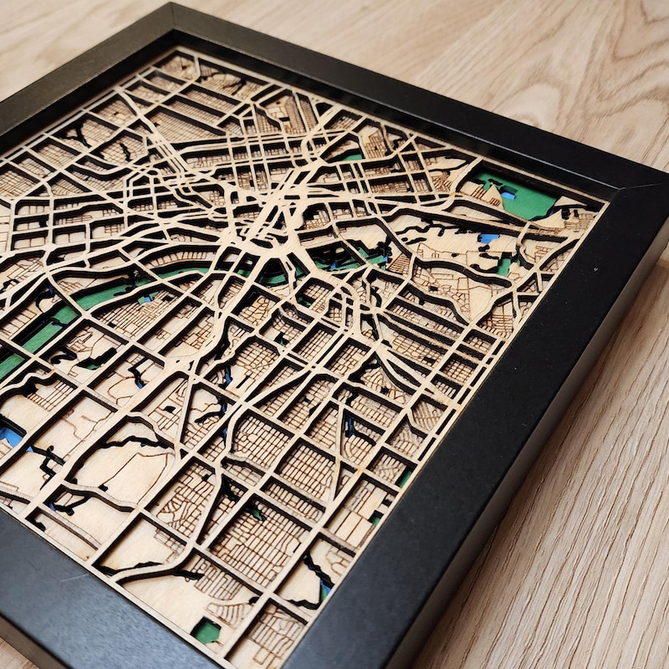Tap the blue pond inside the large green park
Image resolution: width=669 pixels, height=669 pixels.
(507, 195)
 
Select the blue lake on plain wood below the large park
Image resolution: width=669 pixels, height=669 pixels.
(488, 238)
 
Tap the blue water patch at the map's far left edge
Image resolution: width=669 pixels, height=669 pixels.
(10, 435)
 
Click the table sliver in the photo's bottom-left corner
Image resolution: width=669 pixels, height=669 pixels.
(10, 656)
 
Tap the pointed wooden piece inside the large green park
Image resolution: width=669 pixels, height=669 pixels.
(493, 198)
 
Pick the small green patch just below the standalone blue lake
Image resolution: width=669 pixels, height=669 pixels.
(504, 267)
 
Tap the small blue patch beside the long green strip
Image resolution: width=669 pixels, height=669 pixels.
(147, 298)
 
